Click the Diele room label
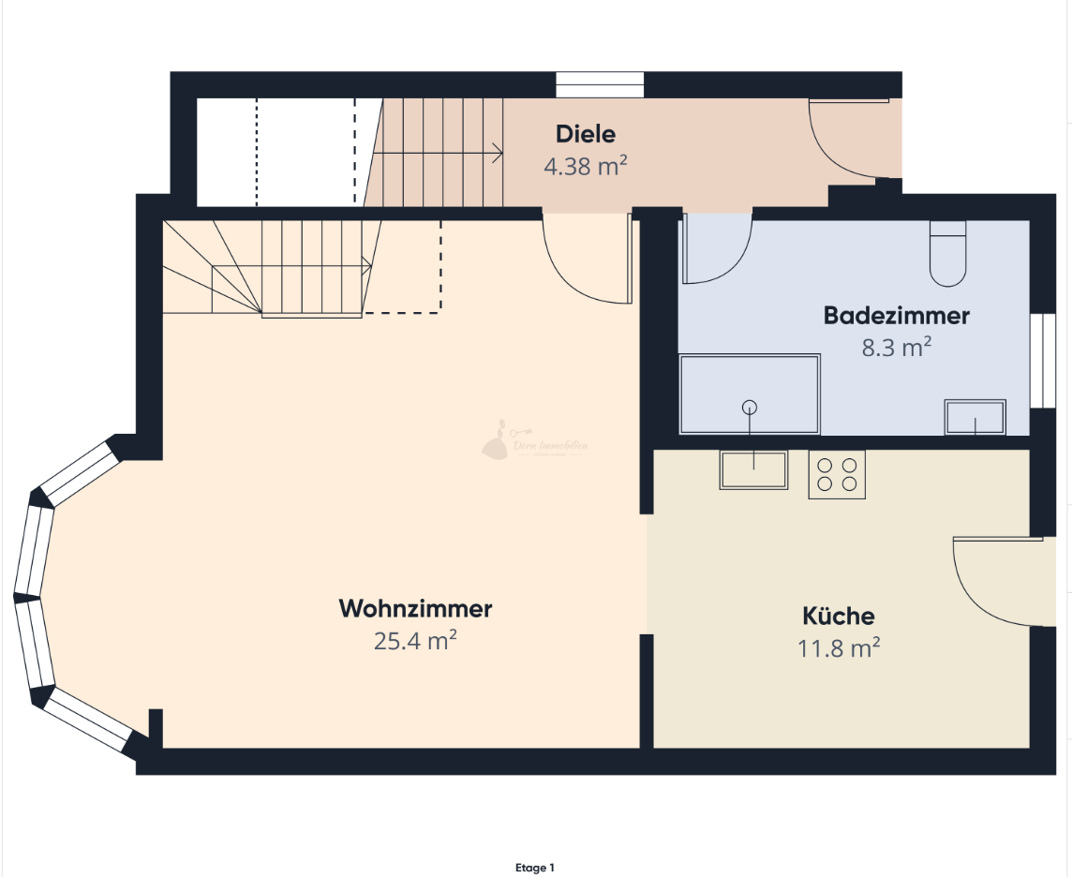586,134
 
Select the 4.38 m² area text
586,167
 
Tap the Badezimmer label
896,316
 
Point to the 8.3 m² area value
896,349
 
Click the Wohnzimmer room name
415,608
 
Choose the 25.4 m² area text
415,641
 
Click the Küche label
838,616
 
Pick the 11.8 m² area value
838,647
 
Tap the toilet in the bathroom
947,254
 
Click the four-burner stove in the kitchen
837,474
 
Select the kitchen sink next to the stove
753,469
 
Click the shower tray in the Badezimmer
750,394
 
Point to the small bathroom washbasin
975,417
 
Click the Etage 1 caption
535,869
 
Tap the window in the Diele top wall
600,84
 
